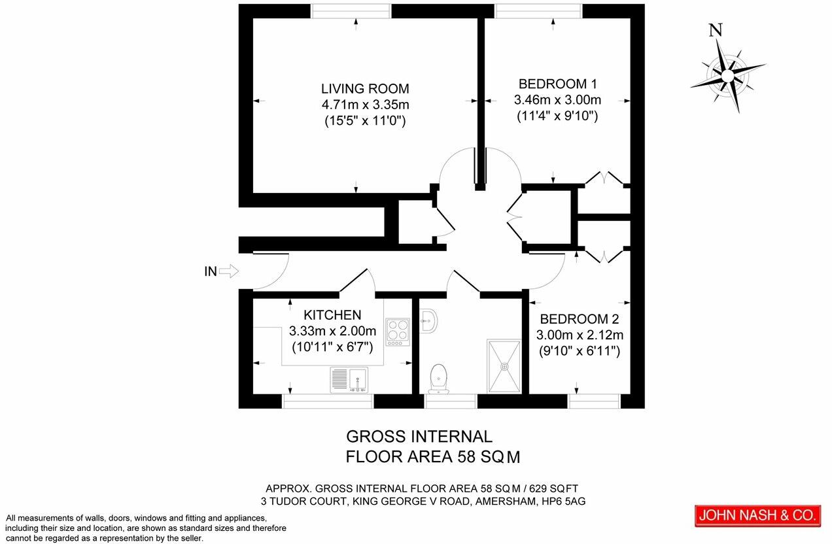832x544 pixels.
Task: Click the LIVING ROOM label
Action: pos(365,88)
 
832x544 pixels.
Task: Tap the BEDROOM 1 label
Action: pos(557,84)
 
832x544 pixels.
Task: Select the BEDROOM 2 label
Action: pos(579,319)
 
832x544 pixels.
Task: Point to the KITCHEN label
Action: pos(332,314)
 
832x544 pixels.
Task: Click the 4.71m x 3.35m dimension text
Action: pos(365,105)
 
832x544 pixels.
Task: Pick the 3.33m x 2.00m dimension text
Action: pos(332,330)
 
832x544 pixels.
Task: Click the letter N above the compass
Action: pos(716,29)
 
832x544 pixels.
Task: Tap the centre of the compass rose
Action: pos(727,76)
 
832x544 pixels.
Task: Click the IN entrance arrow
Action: pos(230,271)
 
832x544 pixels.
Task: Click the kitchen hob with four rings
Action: pos(398,331)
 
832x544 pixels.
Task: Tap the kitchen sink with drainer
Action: pos(349,379)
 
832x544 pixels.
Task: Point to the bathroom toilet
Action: pos(438,378)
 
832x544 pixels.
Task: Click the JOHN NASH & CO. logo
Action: pos(757,515)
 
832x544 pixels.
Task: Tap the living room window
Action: pos(351,10)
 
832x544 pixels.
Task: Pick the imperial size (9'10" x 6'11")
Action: pos(579,351)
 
